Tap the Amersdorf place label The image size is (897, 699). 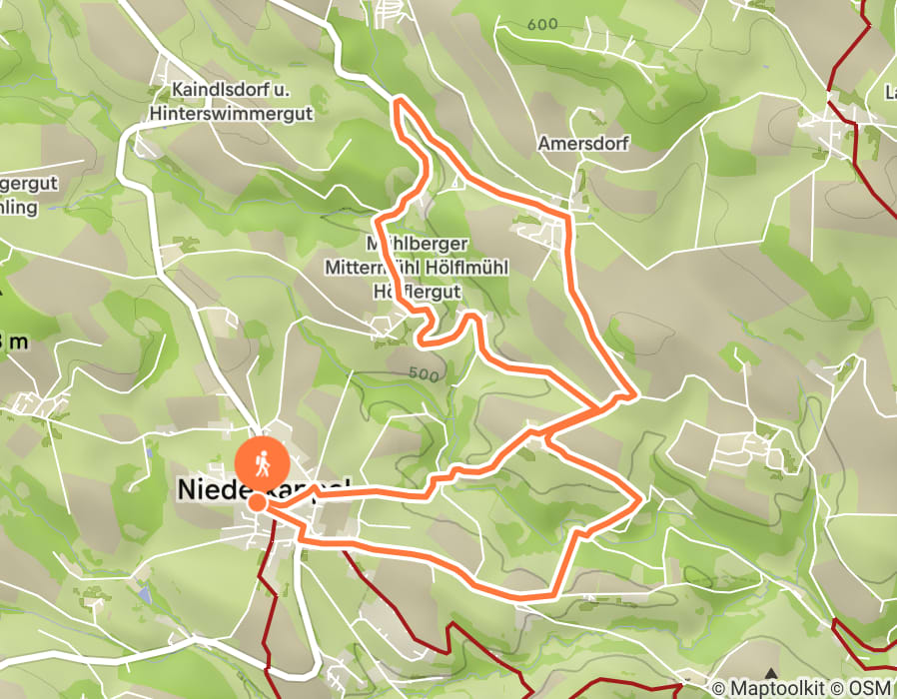pyautogui.click(x=583, y=144)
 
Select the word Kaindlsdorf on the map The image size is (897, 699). pyautogui.click(x=211, y=90)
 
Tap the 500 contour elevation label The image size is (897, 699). pyautogui.click(x=424, y=374)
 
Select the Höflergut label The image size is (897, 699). pyautogui.click(x=415, y=292)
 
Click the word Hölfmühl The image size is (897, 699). pyautogui.click(x=460, y=268)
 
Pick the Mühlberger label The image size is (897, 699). pyautogui.click(x=417, y=244)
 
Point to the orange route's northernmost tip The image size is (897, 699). pyautogui.click(x=400, y=102)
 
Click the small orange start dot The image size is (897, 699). pyautogui.click(x=257, y=501)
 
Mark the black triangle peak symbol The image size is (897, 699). pyautogui.click(x=770, y=675)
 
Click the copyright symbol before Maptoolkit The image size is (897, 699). pyautogui.click(x=718, y=687)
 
